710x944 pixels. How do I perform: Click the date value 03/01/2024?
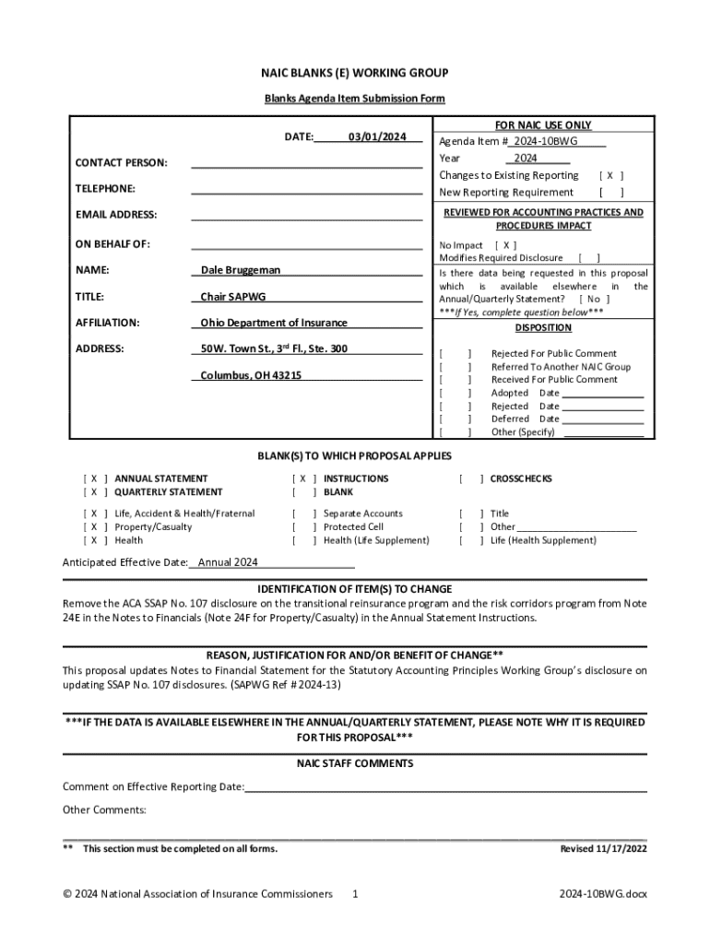tap(377, 137)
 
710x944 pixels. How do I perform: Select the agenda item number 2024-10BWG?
tap(550, 142)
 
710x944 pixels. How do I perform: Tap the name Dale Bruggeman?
tap(241, 270)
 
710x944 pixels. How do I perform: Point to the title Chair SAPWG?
tap(233, 297)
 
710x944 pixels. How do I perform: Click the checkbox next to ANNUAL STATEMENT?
tap(95, 478)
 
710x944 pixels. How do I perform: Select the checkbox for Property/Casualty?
tap(95, 526)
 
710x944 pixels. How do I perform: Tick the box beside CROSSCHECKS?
tap(470, 478)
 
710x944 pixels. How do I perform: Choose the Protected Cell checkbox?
tap(303, 526)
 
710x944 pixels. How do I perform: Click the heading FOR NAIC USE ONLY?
tap(543, 125)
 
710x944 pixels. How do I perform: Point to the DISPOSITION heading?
tap(543, 328)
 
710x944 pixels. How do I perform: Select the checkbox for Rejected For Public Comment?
tap(456, 354)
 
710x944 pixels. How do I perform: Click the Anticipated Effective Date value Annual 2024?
tap(228, 562)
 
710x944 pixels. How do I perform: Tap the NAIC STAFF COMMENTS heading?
tap(355, 763)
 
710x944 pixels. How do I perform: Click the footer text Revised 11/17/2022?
tap(604, 848)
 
